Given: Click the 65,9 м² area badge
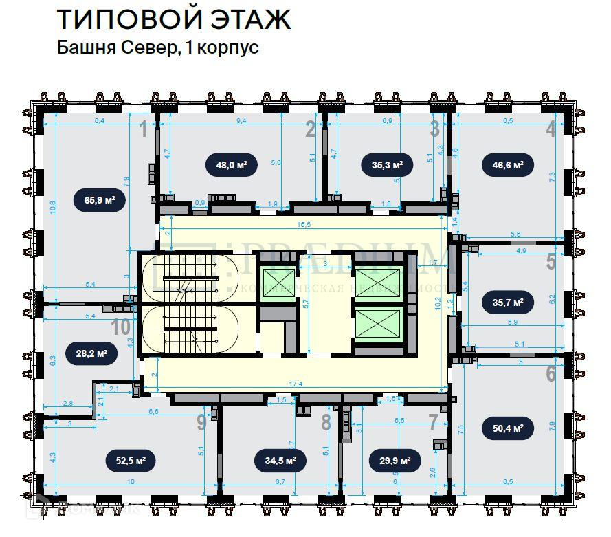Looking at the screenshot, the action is click(95, 201).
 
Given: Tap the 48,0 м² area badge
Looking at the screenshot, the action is click(227, 165).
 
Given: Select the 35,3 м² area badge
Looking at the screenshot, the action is click(382, 165).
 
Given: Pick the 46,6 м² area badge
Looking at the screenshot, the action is click(509, 165).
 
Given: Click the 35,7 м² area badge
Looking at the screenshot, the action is click(509, 302).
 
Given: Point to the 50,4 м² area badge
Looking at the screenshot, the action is click(509, 428).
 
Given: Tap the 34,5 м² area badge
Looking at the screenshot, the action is click(276, 461).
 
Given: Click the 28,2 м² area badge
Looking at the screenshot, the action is click(91, 354).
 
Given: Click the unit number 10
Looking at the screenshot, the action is click(121, 328).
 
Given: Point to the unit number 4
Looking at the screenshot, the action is click(551, 129).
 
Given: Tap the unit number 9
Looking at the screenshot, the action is click(201, 422).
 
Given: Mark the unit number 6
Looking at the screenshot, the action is click(551, 373).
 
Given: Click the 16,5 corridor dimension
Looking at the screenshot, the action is click(302, 225).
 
